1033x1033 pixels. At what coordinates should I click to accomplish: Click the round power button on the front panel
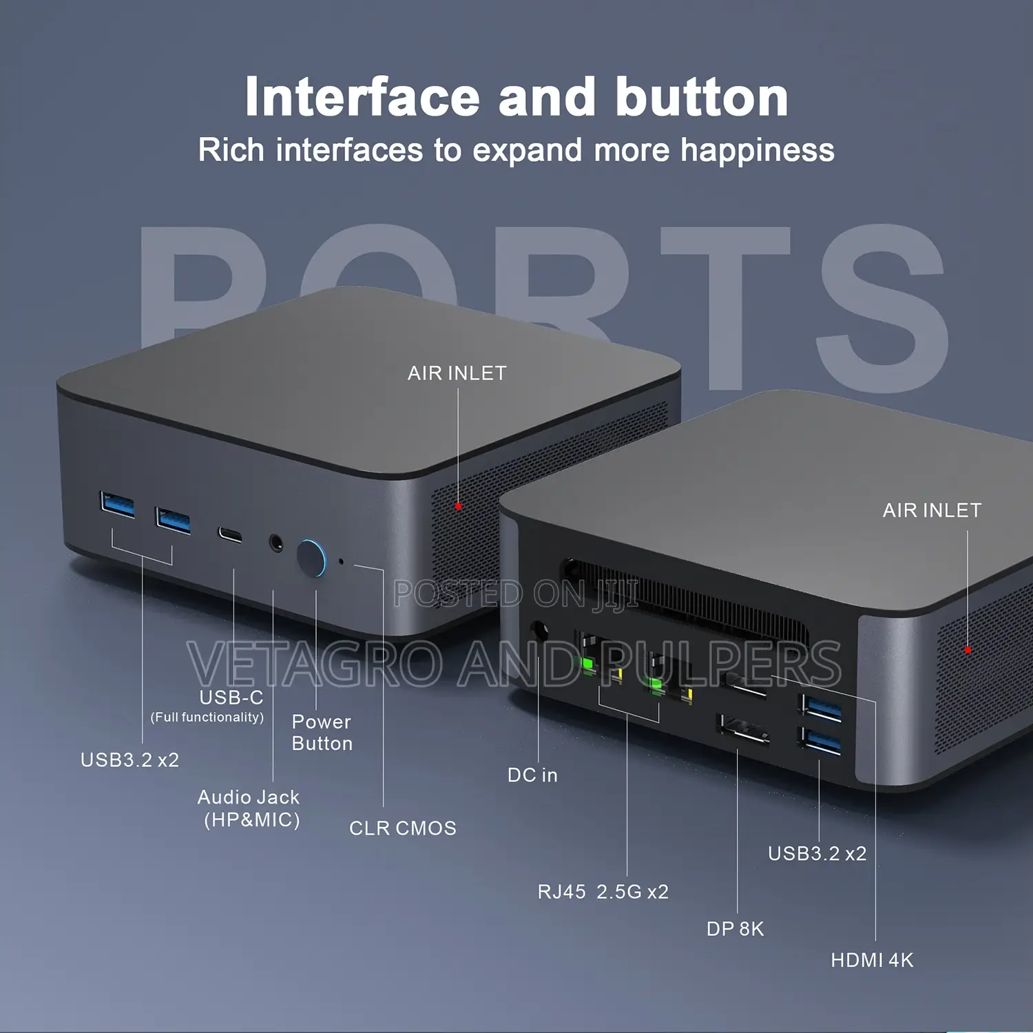[x=312, y=558]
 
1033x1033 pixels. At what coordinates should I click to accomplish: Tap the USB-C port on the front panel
[x=230, y=534]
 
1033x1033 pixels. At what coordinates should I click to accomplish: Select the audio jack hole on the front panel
[x=276, y=543]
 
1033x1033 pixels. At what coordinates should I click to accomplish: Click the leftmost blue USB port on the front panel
[x=117, y=504]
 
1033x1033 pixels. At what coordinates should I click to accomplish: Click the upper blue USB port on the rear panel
[x=821, y=709]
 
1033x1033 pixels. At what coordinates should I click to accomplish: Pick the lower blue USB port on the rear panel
[x=820, y=741]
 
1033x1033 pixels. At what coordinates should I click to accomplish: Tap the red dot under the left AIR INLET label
[x=459, y=507]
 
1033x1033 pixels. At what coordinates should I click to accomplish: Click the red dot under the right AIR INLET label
[x=968, y=650]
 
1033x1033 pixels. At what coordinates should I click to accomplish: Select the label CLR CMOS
[x=403, y=828]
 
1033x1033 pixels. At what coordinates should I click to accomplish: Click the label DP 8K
[x=735, y=929]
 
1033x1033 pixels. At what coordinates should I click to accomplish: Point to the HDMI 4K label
[x=872, y=960]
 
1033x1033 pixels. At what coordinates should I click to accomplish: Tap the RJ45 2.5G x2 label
[x=603, y=892]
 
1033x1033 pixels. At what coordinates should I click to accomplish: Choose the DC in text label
[x=532, y=775]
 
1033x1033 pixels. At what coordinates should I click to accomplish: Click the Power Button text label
[x=322, y=733]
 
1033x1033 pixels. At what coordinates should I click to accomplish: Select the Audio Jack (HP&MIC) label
[x=249, y=808]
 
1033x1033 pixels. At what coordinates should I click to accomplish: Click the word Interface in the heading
[x=362, y=97]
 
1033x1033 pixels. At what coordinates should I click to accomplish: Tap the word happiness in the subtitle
[x=758, y=151]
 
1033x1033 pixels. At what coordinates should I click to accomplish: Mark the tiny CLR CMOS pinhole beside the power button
[x=342, y=562]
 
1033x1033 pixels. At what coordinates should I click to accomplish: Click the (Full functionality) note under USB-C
[x=207, y=718]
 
